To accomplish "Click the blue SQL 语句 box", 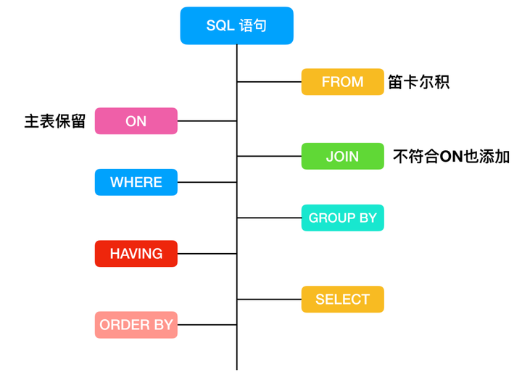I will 236,26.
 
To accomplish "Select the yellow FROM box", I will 342,82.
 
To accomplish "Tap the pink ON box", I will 136,121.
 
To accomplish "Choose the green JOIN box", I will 342,157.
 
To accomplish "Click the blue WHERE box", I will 136,182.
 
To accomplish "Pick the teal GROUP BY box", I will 342,218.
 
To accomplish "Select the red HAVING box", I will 136,254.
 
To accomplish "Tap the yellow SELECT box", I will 342,299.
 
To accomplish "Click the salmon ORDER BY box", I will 136,325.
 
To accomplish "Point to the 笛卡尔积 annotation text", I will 418,82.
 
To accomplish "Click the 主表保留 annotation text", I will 55,121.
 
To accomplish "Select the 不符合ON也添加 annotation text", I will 451,157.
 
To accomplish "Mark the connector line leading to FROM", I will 269,82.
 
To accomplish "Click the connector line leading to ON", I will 207,121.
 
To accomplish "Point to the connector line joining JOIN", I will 269,156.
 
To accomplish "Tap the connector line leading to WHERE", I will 207,182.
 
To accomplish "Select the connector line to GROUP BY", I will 269,218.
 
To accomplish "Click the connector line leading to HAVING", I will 207,254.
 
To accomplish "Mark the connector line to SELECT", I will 269,299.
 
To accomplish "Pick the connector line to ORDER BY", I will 207,325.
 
